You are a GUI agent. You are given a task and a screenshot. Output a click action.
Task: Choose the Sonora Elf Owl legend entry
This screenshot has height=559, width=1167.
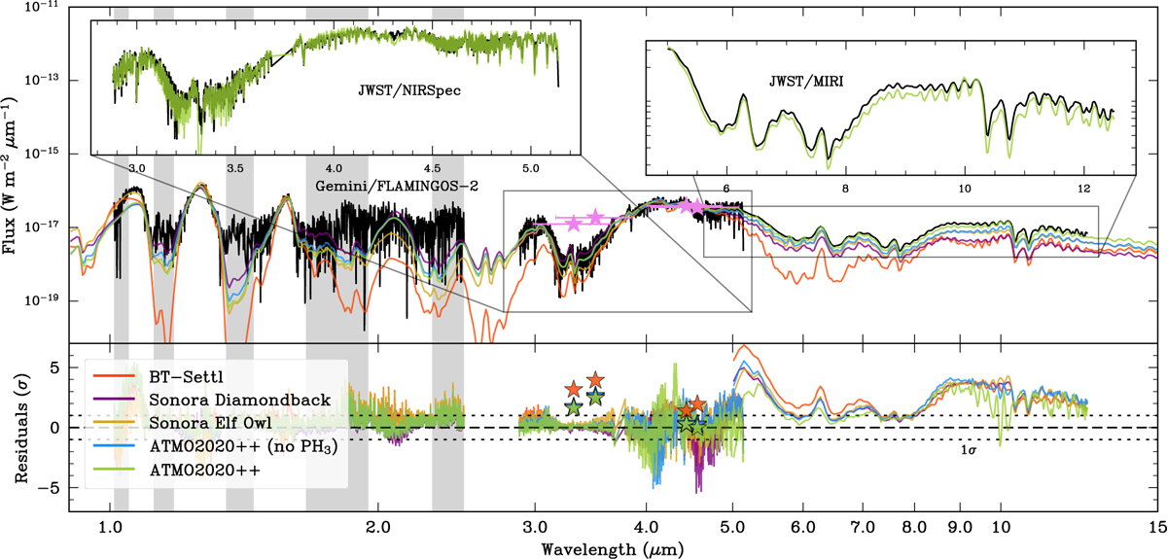183,423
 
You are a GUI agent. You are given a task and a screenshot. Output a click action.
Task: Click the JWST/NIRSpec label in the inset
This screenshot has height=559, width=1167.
409,90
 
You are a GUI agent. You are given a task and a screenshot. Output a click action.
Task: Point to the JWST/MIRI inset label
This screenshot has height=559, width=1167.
806,82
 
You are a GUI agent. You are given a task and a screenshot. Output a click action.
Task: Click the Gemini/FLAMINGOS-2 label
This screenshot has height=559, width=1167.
397,186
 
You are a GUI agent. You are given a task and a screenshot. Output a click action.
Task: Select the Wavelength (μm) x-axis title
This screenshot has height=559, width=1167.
613,549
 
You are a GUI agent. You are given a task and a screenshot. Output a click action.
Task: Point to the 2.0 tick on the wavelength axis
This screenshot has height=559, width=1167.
377,527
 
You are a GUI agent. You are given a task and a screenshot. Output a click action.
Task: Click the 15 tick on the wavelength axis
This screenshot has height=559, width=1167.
1158,527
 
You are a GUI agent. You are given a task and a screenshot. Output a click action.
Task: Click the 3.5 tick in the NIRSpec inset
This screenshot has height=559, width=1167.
235,168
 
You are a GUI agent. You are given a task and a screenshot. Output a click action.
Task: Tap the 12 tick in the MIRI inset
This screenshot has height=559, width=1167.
1084,189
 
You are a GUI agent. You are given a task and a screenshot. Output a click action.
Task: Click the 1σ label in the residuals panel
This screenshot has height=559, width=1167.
969,450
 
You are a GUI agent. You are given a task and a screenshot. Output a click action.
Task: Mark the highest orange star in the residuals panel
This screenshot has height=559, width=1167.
595,380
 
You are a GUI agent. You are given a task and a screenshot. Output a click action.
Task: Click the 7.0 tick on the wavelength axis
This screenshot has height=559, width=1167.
863,527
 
